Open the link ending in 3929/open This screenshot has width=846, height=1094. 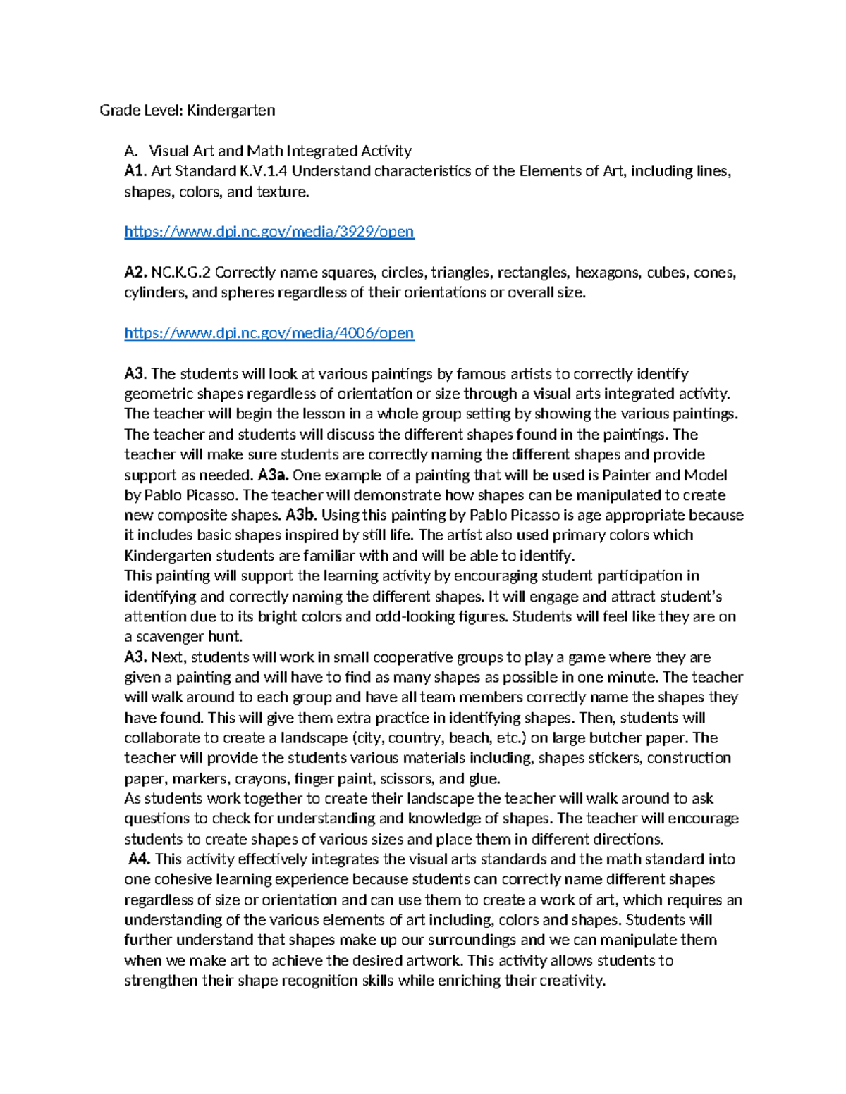(269, 232)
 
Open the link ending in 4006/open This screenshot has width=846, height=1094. (269, 333)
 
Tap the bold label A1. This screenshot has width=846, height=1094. (135, 171)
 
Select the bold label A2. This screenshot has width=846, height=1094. (136, 273)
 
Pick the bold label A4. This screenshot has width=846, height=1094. (140, 859)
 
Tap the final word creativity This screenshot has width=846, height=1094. (572, 981)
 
